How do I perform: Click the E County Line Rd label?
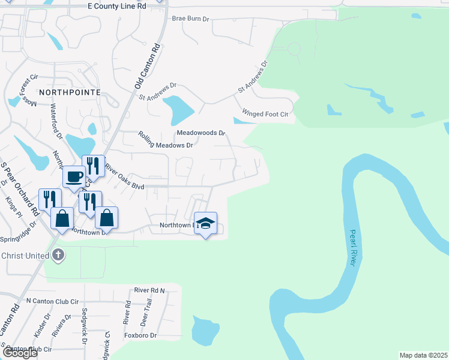pyautogui.click(x=116, y=5)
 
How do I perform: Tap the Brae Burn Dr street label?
pyautogui.click(x=190, y=19)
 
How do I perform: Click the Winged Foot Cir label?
pyautogui.click(x=265, y=113)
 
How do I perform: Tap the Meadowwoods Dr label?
pyautogui.click(x=200, y=133)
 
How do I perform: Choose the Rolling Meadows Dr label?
pyautogui.click(x=166, y=141)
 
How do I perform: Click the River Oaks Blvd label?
pyautogui.click(x=125, y=178)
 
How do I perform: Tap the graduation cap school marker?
pyautogui.click(x=205, y=223)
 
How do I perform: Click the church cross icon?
pyautogui.click(x=58, y=256)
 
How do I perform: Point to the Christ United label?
pyautogui.click(x=25, y=256)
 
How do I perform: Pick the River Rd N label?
pyautogui.click(x=149, y=290)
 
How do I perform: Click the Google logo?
pyautogui.click(x=19, y=353)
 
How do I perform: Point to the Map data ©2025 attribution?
pyautogui.click(x=424, y=355)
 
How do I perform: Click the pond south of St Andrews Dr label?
pyautogui.click(x=178, y=109)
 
